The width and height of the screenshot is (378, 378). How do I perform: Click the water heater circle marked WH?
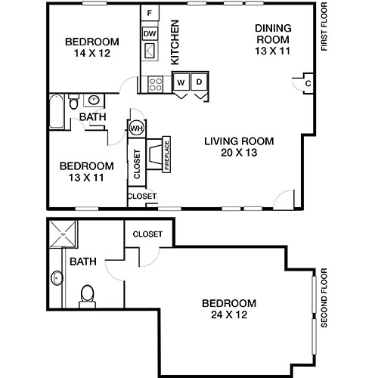click(136, 128)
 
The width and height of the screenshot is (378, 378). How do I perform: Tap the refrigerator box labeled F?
click(150, 14)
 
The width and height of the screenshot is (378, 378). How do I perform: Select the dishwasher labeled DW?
click(150, 33)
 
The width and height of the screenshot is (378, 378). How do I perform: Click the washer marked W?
click(181, 82)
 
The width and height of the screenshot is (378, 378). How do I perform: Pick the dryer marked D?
click(200, 82)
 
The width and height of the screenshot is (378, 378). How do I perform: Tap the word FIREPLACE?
click(167, 156)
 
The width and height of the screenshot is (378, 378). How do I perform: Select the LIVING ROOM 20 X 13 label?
click(239, 147)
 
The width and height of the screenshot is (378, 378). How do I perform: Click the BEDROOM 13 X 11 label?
click(87, 172)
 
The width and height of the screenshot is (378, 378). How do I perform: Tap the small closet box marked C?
click(308, 84)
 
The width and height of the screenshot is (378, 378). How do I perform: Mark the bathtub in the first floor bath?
click(56, 117)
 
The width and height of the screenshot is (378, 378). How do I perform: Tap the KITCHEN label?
click(175, 42)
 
